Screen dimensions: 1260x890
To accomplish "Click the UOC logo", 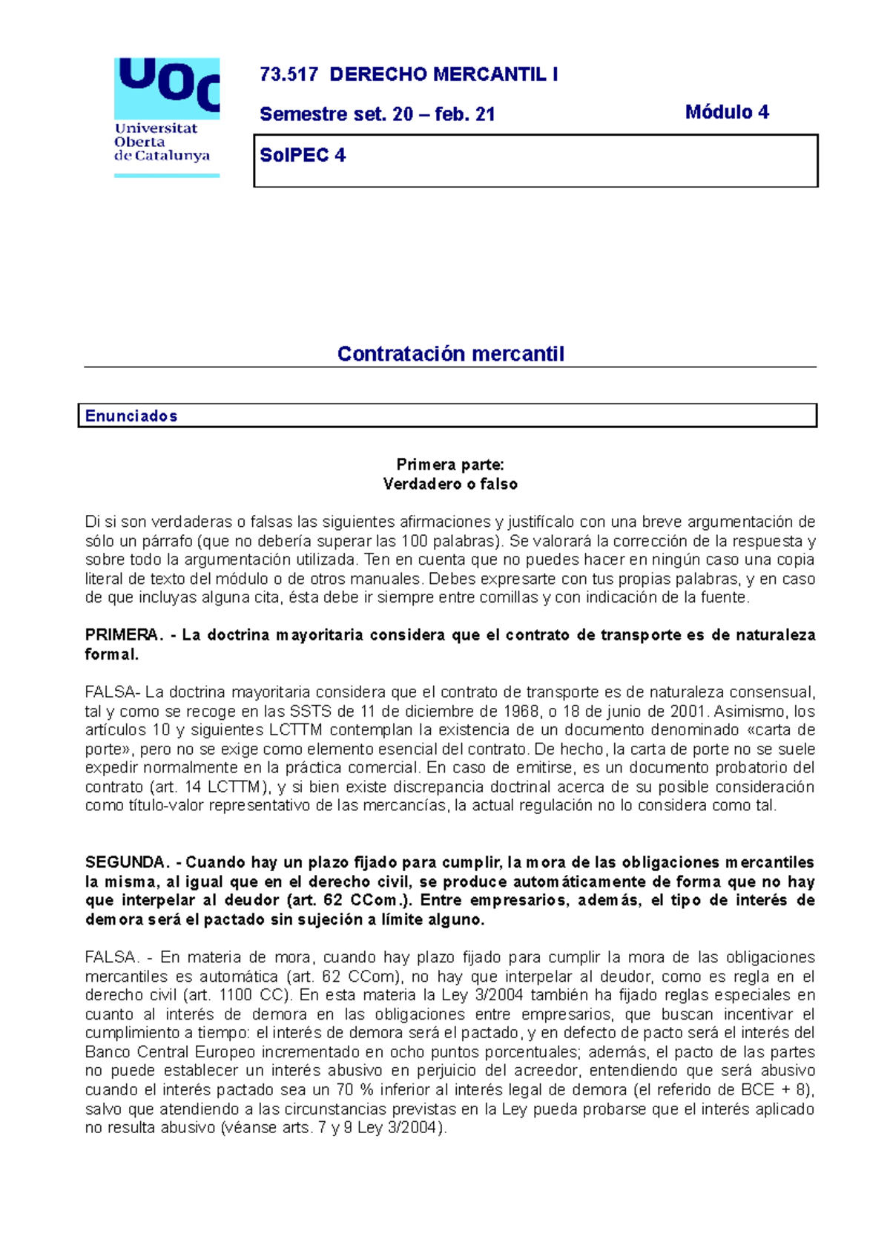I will (166, 117).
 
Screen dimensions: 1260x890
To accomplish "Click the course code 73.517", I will (289, 74).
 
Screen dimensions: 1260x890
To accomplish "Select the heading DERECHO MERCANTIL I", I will (444, 74).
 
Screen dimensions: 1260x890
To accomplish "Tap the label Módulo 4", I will (727, 112).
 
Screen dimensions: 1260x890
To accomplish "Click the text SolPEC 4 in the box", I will (303, 155).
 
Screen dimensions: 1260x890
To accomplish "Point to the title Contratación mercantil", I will (450, 354).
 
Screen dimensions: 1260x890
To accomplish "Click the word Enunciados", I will (131, 416).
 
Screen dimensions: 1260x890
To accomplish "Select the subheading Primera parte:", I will (450, 465).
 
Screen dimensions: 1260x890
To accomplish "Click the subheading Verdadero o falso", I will (450, 484).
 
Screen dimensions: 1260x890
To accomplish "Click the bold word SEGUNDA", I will (126, 862).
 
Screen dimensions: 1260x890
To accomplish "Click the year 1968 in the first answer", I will (518, 711).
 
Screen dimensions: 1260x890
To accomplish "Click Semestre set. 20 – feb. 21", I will (377, 114).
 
